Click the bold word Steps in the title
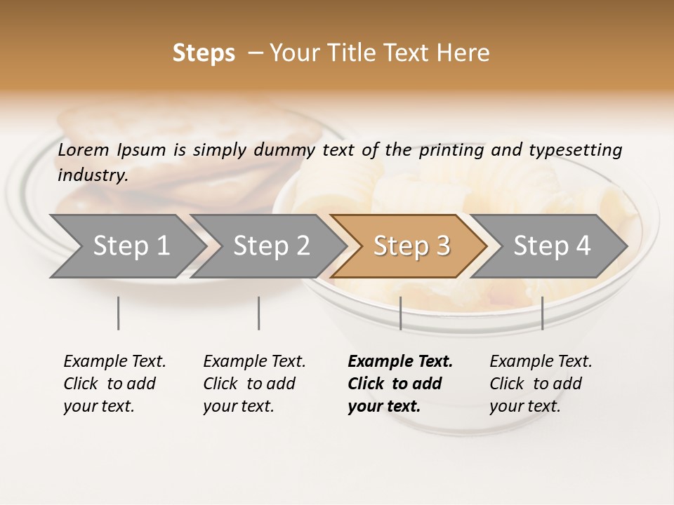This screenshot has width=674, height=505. pyautogui.click(x=204, y=53)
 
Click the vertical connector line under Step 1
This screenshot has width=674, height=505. pyautogui.click(x=119, y=313)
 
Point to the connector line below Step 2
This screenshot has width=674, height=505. pyautogui.click(x=259, y=313)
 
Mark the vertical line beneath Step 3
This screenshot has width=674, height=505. pyautogui.click(x=400, y=313)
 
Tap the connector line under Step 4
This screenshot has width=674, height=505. pyautogui.click(x=542, y=313)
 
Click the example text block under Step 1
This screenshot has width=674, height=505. pyautogui.click(x=114, y=384)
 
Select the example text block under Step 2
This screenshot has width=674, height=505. pyautogui.click(x=254, y=384)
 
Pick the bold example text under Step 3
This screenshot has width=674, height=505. pyautogui.click(x=400, y=384)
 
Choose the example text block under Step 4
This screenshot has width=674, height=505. pyautogui.click(x=541, y=384)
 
